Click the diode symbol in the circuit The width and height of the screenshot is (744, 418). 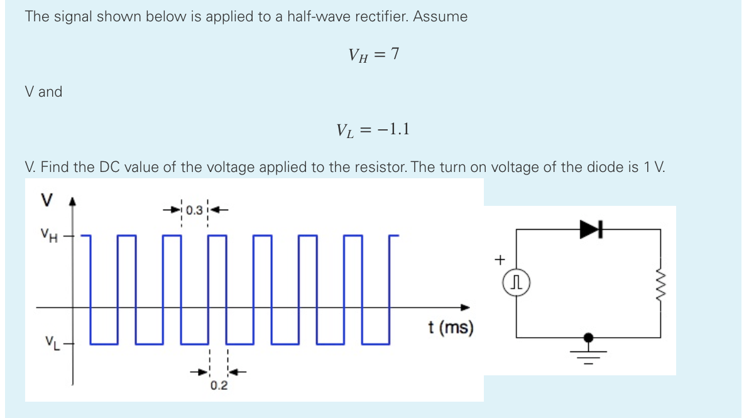[x=590, y=230]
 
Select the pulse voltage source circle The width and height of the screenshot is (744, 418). [x=517, y=284]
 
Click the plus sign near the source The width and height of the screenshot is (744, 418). [x=500, y=258]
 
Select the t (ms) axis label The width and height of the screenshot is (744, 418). [x=450, y=327]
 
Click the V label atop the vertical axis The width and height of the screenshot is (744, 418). [x=46, y=199]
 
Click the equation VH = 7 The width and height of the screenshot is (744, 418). [x=373, y=55]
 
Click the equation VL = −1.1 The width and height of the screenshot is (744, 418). [x=373, y=130]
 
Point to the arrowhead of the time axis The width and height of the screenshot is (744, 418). [x=466, y=308]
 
